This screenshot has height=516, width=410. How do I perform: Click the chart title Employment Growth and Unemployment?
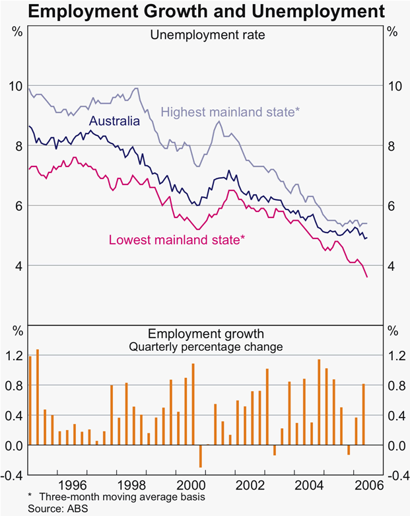coord(205,11)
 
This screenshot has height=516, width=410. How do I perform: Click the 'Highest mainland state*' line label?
coord(230,112)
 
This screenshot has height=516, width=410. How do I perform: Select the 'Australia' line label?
coord(115,122)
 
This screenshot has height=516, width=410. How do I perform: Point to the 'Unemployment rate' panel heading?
coord(205,35)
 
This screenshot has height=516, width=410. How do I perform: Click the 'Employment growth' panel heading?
coord(205,334)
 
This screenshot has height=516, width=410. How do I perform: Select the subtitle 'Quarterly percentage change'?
coord(205,347)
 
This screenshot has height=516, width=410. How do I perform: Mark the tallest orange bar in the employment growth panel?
coord(38,397)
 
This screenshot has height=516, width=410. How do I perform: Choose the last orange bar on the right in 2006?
coord(364,414)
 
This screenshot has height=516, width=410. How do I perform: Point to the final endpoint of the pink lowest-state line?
coord(368,277)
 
